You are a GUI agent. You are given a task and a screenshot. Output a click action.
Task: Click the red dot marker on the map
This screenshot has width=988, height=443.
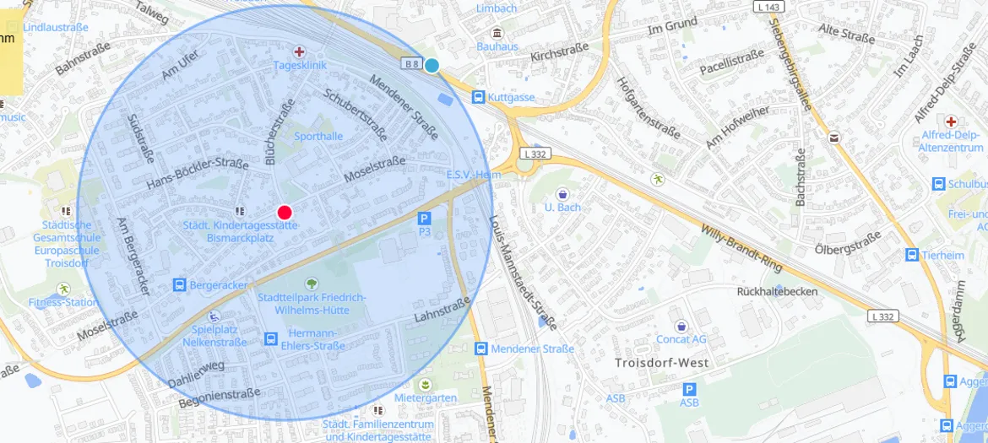click(x=285, y=213)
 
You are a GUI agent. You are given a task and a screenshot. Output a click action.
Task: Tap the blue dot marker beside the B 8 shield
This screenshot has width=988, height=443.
click(x=432, y=65)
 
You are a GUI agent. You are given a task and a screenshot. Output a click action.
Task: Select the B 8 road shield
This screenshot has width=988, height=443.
click(x=411, y=63)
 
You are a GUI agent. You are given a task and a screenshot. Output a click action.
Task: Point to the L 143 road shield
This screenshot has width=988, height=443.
click(x=770, y=7)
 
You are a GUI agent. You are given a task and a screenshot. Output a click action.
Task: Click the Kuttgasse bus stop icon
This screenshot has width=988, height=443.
click(x=478, y=97)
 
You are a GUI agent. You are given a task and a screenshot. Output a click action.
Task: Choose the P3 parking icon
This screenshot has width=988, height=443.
click(x=425, y=218)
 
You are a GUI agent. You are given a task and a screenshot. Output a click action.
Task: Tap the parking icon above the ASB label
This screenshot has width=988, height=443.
click(x=689, y=389)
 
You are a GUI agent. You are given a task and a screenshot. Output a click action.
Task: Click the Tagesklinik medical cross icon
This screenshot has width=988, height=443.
click(x=299, y=51)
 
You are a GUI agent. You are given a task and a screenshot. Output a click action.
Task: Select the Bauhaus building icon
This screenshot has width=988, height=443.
click(x=497, y=33)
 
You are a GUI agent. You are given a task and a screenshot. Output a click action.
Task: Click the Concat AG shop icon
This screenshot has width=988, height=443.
click(x=681, y=326)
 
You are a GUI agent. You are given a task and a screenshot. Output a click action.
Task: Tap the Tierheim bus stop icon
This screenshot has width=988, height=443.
click(x=912, y=255)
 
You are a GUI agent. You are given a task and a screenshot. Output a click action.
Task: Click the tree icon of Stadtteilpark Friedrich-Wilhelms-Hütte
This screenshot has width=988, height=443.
click(x=312, y=284)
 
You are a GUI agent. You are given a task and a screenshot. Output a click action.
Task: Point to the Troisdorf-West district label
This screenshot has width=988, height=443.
click(x=661, y=363)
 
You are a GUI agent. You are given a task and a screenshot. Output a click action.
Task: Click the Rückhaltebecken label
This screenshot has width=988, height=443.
click(x=777, y=291)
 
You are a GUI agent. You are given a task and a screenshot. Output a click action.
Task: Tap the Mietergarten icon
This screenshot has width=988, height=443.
click(x=425, y=385)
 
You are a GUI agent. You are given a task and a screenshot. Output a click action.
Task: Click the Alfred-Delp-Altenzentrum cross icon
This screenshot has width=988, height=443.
click(x=952, y=122)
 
